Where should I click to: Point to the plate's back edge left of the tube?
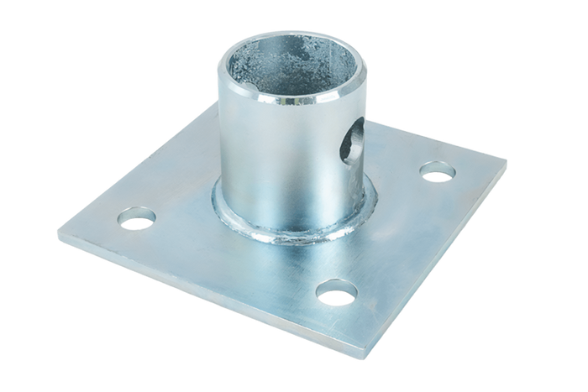click(x=151, y=159)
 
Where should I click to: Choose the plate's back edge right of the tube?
click(x=437, y=134)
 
